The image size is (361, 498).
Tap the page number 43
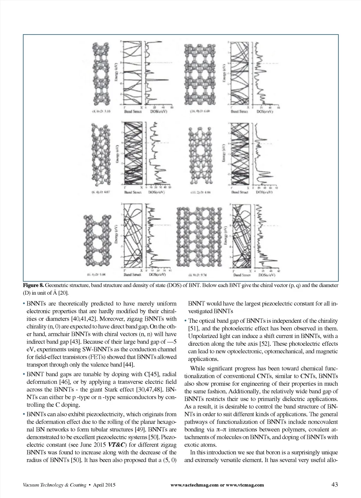tap(335, 485)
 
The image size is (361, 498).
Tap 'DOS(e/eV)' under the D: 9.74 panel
tap(267, 275)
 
